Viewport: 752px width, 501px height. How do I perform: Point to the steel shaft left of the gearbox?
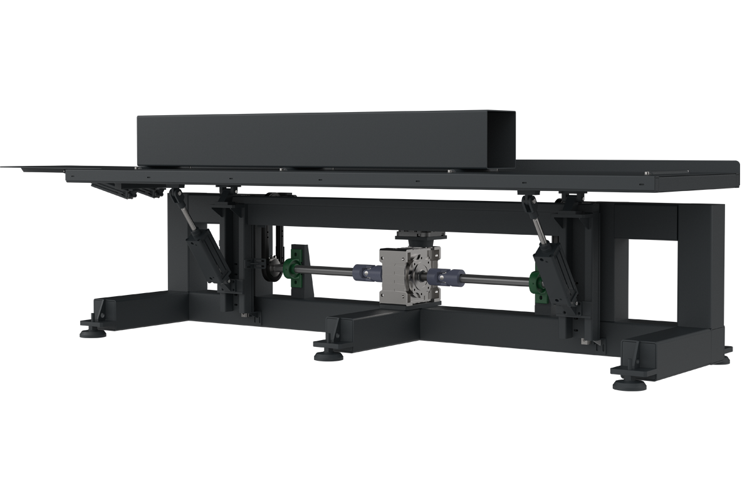coord(326,271)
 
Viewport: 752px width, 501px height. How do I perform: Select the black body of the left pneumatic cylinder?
coord(207,257)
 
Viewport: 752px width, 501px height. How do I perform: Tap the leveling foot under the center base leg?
coord(328,354)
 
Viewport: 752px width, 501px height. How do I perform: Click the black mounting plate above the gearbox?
coord(420,235)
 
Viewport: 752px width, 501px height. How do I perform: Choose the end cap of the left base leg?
coord(99,309)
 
